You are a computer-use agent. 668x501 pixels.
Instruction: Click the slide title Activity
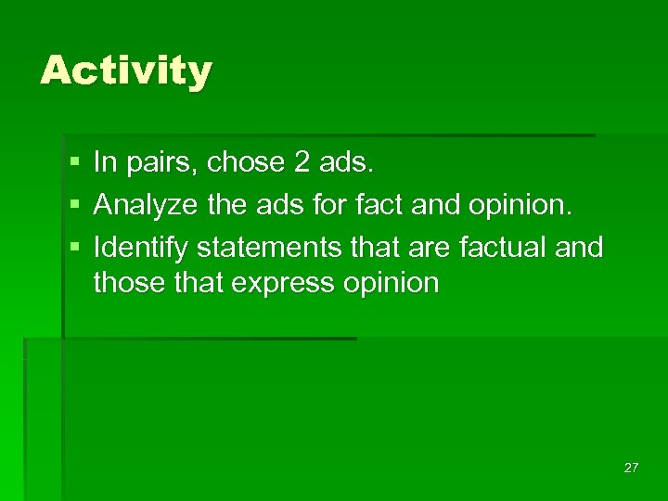[x=126, y=71]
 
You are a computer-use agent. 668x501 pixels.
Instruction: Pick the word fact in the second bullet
[x=374, y=204]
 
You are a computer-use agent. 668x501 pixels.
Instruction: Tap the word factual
[x=501, y=248]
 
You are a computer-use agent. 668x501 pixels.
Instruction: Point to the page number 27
[x=631, y=468]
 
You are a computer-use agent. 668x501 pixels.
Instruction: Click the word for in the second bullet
[x=328, y=204]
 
